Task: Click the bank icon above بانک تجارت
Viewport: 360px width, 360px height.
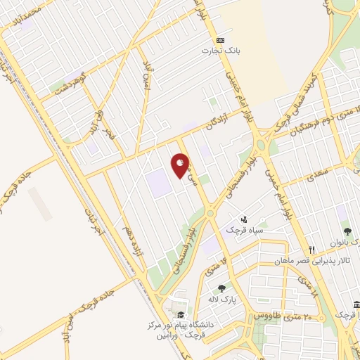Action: click(x=221, y=39)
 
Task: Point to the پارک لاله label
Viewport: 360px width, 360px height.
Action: click(x=219, y=299)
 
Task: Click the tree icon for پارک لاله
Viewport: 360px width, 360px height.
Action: click(x=222, y=288)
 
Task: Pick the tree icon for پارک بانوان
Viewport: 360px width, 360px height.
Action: click(x=347, y=231)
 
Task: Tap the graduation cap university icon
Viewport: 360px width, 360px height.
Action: click(x=181, y=315)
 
